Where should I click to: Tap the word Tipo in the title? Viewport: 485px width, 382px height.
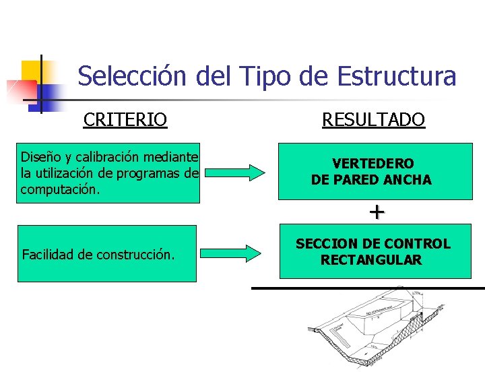[x=265, y=76]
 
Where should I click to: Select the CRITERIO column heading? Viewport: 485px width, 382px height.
[x=125, y=120]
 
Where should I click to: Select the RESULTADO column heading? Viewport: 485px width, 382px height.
[x=373, y=120]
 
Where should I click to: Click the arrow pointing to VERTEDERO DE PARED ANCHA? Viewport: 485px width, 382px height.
[x=235, y=173]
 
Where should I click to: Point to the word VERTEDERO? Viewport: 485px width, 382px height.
[x=373, y=164]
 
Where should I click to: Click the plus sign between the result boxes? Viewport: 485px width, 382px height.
[x=376, y=212]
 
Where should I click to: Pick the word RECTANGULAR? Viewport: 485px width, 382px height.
[x=371, y=260]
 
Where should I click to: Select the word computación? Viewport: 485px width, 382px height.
[x=60, y=189]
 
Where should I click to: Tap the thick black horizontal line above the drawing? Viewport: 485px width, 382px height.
[x=368, y=288]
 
